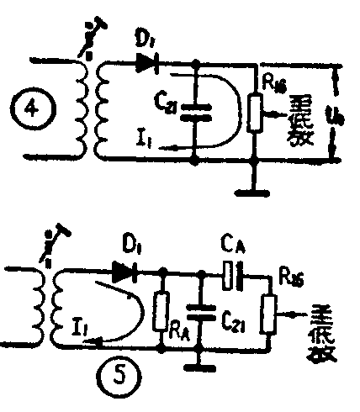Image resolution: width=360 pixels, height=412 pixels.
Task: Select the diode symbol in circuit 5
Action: [x=124, y=271]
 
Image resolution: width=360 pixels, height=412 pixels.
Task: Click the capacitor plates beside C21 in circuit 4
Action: [x=196, y=111]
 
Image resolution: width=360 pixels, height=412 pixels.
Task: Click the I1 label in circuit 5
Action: [x=78, y=321]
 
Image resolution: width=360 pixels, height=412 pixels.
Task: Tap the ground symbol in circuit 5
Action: [x=199, y=366]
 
